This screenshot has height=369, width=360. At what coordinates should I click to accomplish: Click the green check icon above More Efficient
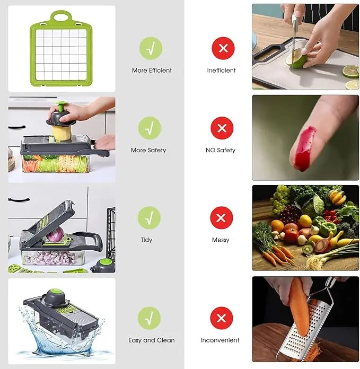point(151,48)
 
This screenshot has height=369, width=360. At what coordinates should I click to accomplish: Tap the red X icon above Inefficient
point(223,49)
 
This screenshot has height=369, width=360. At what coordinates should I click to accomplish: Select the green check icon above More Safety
point(150,128)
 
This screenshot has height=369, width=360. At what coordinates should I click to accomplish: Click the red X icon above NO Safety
point(222,128)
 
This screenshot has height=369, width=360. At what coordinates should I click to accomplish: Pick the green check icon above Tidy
point(149,218)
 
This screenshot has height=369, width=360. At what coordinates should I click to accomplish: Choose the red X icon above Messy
point(221,218)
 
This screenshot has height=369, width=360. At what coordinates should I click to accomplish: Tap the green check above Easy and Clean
point(149,318)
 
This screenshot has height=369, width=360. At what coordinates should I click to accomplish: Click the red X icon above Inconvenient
point(221,318)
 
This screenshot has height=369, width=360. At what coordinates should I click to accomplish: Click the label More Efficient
point(152,71)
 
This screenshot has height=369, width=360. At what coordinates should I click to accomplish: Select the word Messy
point(221,240)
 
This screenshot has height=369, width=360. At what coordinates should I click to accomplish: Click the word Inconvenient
point(220,340)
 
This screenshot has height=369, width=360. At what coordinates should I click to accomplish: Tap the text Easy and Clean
point(151,340)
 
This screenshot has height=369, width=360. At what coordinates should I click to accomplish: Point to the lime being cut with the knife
point(296,61)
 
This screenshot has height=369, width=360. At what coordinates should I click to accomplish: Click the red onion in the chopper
point(56,234)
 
